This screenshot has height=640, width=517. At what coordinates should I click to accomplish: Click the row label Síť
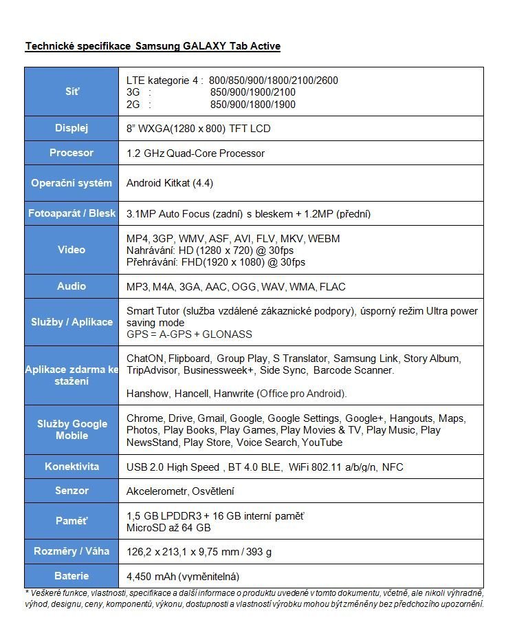point(71,92)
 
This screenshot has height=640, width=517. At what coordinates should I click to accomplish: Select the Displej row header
point(71,128)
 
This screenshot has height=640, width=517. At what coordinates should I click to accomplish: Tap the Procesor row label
point(71,153)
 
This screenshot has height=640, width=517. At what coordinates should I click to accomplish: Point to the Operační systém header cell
point(71,183)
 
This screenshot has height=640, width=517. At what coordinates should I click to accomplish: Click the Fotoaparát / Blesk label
point(71,213)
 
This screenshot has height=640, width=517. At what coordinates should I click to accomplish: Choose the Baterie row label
point(71,576)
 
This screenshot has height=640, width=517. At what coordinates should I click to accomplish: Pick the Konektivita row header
point(71,467)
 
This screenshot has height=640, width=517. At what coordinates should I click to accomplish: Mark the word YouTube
point(322,442)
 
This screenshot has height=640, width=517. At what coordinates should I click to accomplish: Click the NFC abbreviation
point(393,467)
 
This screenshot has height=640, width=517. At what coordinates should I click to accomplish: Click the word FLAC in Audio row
point(333,286)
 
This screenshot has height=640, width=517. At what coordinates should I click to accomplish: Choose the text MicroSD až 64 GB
point(168,528)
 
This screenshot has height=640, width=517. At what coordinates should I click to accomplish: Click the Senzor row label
point(71,491)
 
